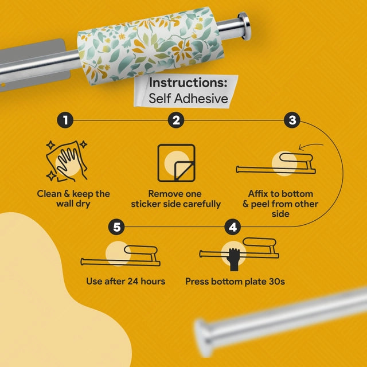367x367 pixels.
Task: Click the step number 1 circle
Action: point(65,120)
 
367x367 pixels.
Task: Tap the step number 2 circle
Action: point(176,120)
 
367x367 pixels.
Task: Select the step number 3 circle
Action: point(292,120)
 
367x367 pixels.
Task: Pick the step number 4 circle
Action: point(233,227)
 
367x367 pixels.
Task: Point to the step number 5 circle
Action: point(116,227)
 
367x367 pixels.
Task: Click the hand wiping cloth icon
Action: point(67,161)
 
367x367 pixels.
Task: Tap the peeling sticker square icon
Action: point(176,163)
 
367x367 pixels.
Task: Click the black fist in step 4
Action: point(235,259)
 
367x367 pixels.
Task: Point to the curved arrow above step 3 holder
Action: point(310,146)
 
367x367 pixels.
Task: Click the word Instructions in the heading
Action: point(188,83)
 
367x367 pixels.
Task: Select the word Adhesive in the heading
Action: point(201,98)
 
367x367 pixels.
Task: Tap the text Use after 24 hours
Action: point(126,282)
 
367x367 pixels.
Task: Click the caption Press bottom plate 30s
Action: point(235,282)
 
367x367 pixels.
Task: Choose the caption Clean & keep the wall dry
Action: point(73,199)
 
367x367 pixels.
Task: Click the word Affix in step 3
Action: point(259,194)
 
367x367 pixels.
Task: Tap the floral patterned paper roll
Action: point(151,45)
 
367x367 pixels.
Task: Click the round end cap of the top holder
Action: point(244,26)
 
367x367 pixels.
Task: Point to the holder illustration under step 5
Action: point(120,256)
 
